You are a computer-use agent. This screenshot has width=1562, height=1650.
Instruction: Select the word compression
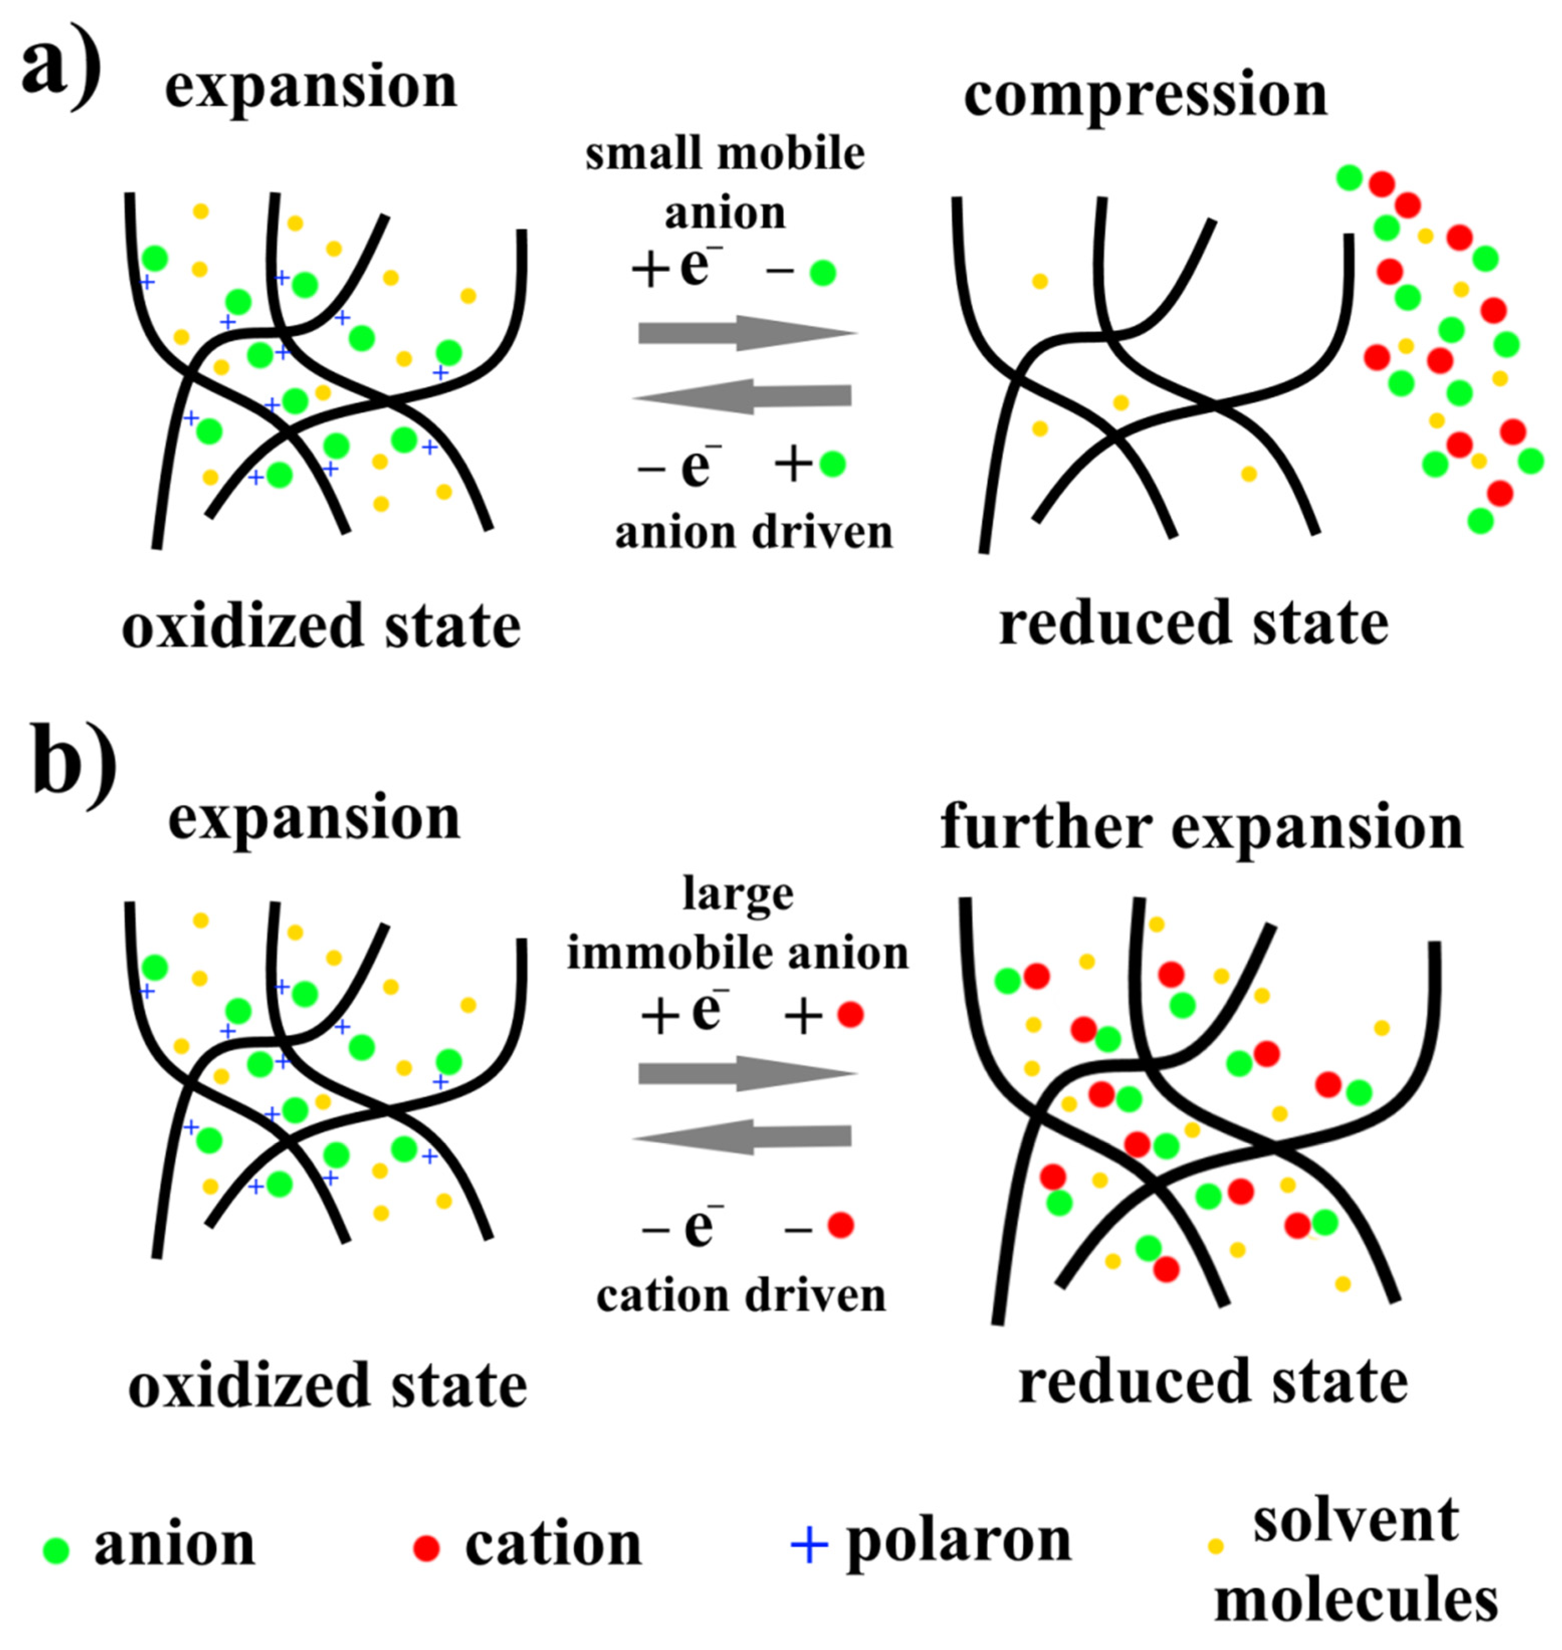pos(1145,96)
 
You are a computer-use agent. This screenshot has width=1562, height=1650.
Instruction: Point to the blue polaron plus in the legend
pos(809,1546)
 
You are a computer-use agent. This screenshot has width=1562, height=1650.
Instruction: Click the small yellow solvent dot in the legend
pos(1215,1547)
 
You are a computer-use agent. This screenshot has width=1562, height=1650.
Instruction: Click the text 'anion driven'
pos(753,533)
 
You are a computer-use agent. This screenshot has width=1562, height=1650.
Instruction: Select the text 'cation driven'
pos(741,1296)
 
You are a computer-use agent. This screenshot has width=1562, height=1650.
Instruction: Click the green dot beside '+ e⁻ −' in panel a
pos(823,272)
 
